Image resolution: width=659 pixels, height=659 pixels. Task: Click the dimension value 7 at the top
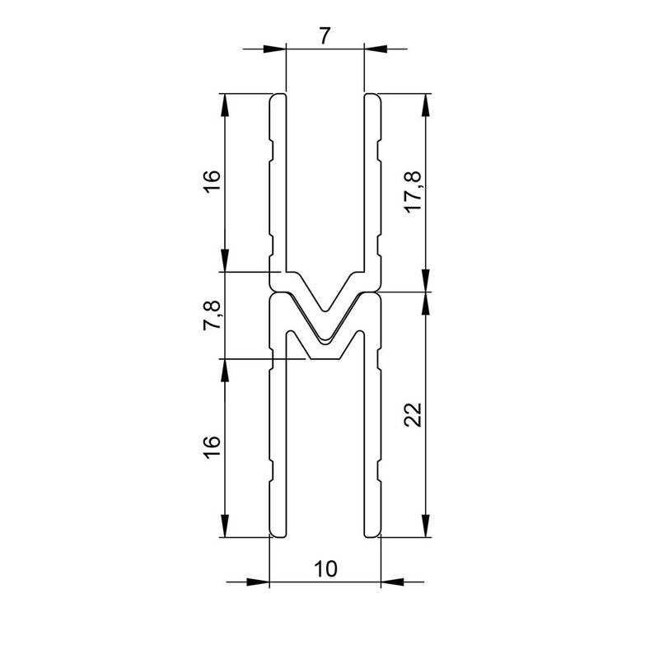[x=324, y=35]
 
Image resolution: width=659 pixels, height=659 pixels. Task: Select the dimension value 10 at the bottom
[x=325, y=568]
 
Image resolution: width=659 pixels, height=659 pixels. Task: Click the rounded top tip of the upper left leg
[x=278, y=96]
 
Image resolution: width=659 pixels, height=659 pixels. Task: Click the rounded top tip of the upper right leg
[x=372, y=96]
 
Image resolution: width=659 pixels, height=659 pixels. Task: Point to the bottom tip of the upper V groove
[x=325, y=312]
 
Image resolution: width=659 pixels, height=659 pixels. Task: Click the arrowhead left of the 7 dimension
[x=274, y=49]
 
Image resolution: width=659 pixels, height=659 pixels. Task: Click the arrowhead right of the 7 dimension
[x=375, y=49]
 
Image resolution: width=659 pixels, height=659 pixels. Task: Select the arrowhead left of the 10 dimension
[x=259, y=582]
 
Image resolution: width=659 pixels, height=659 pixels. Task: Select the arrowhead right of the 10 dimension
[x=391, y=582]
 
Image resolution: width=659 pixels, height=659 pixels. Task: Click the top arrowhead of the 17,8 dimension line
[x=425, y=105]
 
